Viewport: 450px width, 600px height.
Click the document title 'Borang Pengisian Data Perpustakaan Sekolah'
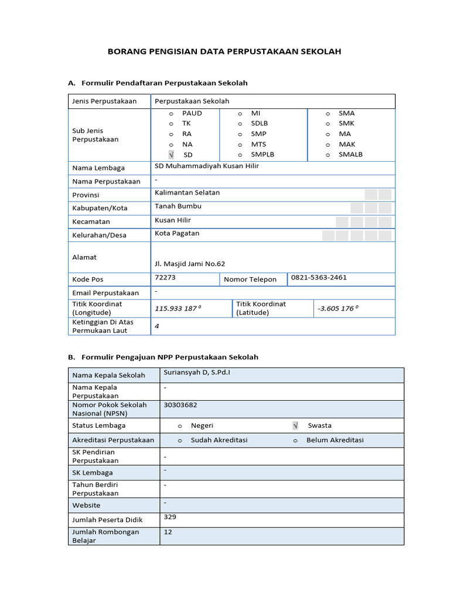[224, 52]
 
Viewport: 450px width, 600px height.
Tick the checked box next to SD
[171, 155]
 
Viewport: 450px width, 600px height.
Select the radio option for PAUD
[171, 113]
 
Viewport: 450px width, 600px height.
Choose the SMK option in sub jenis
[328, 124]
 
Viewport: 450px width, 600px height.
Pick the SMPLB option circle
[240, 155]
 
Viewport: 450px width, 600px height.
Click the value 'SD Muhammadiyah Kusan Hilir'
[206, 166]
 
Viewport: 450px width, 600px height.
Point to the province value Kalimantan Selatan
[187, 192]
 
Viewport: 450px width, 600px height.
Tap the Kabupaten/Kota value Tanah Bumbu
[178, 206]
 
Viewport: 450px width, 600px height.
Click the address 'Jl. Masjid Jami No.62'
[190, 264]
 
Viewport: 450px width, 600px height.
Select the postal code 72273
[165, 277]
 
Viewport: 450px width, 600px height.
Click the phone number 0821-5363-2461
[319, 277]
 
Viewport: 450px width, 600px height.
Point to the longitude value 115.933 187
[175, 309]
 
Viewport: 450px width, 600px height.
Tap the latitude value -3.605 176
[337, 309]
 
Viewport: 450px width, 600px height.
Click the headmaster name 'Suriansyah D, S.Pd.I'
[197, 373]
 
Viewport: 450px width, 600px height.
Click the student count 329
[170, 517]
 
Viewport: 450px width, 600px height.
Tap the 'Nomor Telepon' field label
[250, 279]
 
